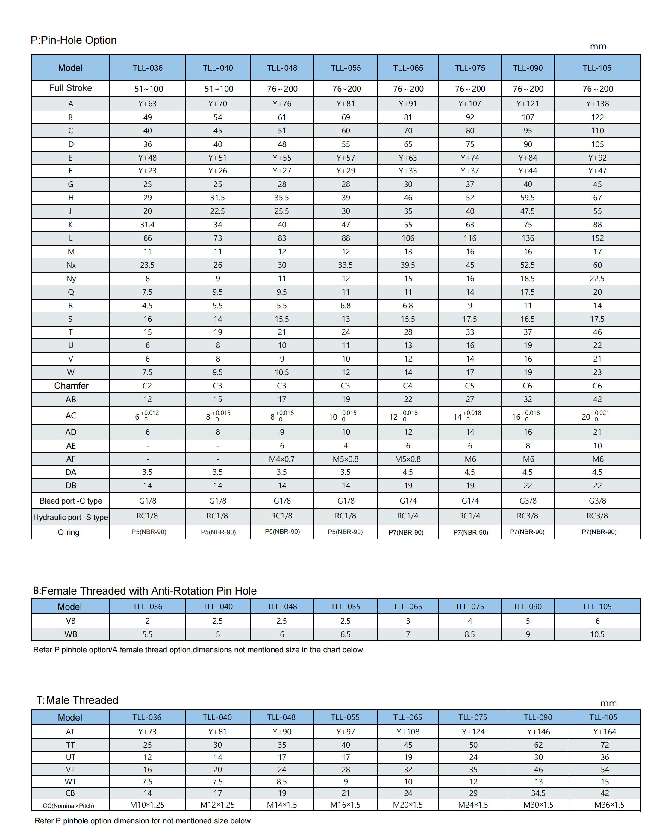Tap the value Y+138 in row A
[x=597, y=104]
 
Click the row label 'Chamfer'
[x=71, y=386]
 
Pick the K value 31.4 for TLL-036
[x=147, y=225]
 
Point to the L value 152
[x=597, y=238]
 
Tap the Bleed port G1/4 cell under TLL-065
[x=408, y=501]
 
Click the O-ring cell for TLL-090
[x=527, y=532]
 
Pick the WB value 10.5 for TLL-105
[x=597, y=634]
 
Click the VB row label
[x=70, y=621]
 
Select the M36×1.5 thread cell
[x=609, y=805]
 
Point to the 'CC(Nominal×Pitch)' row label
[x=69, y=805]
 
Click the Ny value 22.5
[x=597, y=279]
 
